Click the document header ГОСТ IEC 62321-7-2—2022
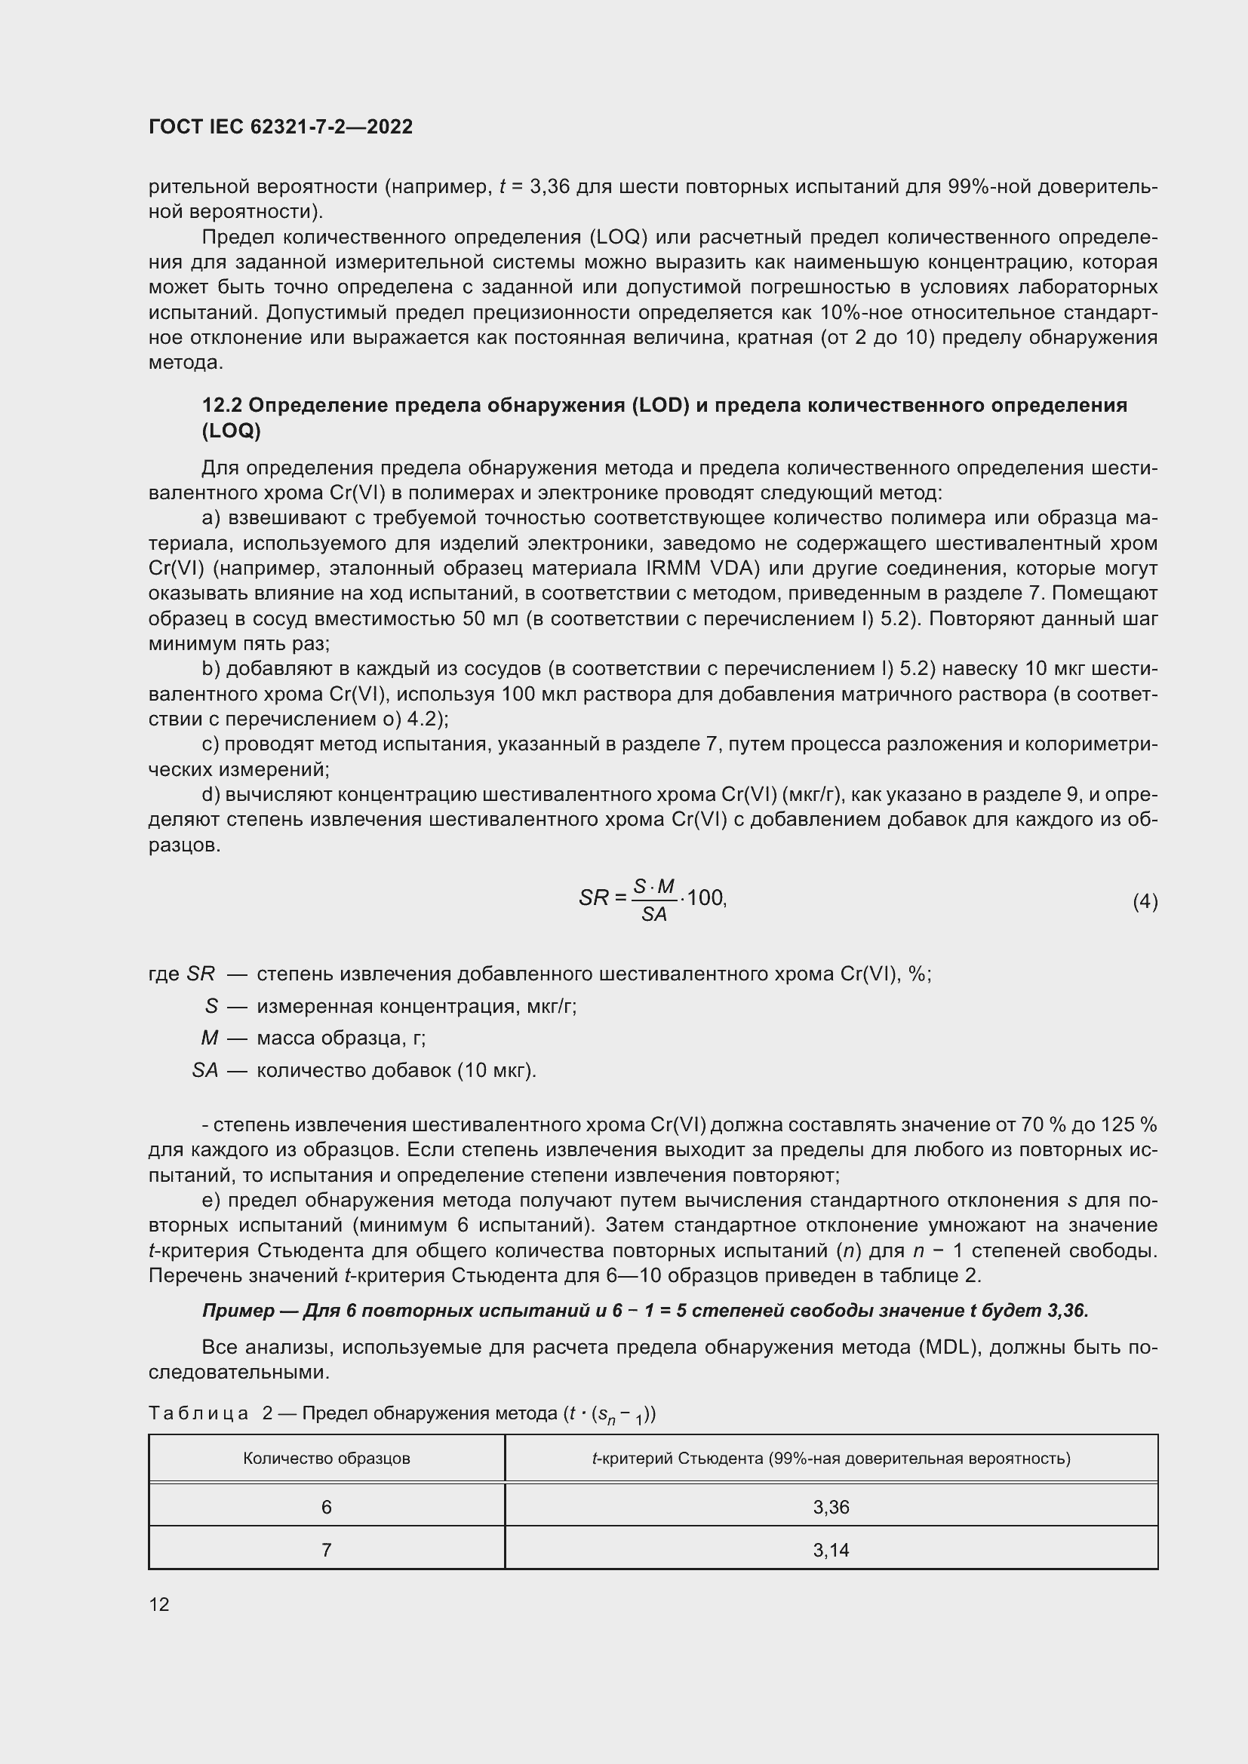(x=281, y=127)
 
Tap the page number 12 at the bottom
(x=159, y=1604)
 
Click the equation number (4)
(x=1145, y=901)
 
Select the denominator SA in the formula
(x=654, y=914)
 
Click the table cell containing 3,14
(x=831, y=1550)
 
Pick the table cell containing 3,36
(x=831, y=1507)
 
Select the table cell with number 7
(x=327, y=1550)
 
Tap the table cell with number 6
(x=327, y=1507)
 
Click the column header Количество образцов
(x=327, y=1459)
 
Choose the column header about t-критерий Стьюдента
(x=831, y=1459)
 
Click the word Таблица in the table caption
(x=198, y=1413)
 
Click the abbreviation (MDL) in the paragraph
(x=948, y=1347)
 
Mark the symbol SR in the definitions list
(x=201, y=974)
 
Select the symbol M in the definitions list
(x=210, y=1038)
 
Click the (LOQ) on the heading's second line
(x=232, y=431)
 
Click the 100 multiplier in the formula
(x=705, y=897)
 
